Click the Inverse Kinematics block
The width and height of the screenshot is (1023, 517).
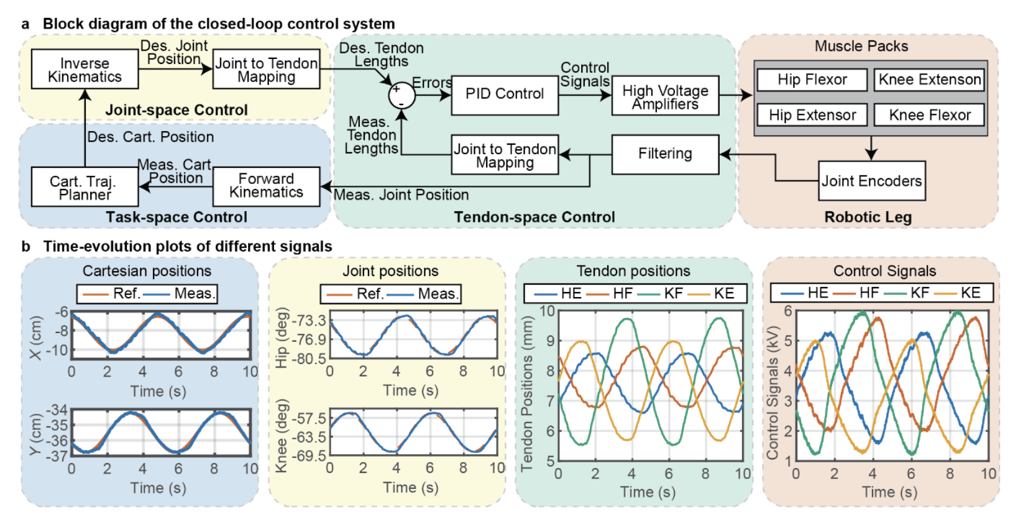(x=85, y=70)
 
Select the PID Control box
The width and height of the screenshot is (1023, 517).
(x=505, y=94)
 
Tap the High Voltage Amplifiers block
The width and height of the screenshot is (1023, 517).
(x=665, y=96)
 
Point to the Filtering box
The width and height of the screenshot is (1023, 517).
(x=665, y=154)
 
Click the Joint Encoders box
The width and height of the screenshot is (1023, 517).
(x=871, y=181)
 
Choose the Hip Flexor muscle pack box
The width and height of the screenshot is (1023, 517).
(x=812, y=80)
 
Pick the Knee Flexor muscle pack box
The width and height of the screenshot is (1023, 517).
(x=929, y=115)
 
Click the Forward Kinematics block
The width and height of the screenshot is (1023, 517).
(x=266, y=186)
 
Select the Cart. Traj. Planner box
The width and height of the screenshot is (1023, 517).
(x=85, y=188)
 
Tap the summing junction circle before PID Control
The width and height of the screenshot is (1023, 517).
(x=401, y=96)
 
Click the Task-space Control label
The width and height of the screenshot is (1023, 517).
(x=177, y=217)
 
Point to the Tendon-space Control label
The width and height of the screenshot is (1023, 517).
(x=534, y=217)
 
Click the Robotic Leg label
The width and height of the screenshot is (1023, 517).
(x=868, y=217)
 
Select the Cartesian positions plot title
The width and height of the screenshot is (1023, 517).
(x=147, y=271)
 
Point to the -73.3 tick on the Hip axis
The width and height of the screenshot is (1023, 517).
(x=309, y=321)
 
